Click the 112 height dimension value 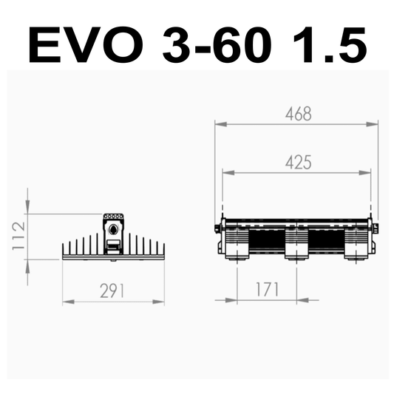[18, 236]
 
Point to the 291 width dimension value [112, 291]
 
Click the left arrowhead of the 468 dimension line [219, 124]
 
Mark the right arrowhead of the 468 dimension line [375, 124]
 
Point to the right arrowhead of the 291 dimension [160, 301]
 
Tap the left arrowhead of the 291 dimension [67, 301]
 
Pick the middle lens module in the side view [296, 242]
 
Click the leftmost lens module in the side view [237, 242]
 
